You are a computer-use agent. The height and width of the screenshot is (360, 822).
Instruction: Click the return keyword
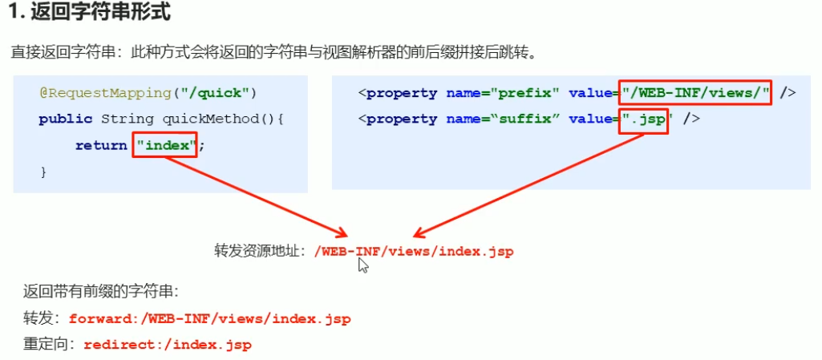(101, 145)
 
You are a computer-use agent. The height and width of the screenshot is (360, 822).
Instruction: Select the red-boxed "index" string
(165, 145)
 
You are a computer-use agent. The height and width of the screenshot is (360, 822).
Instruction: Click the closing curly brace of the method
(43, 171)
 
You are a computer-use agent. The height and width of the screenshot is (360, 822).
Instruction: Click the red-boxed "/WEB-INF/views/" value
(695, 93)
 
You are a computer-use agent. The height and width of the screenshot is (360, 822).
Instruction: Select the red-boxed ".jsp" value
(644, 119)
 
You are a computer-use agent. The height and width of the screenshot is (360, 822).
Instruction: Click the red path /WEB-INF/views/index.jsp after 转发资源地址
(414, 251)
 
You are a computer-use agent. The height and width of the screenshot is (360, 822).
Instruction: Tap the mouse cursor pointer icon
(362, 265)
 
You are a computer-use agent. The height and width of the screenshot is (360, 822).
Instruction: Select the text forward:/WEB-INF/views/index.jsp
(210, 318)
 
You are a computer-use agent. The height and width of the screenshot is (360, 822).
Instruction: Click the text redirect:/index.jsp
(167, 345)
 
